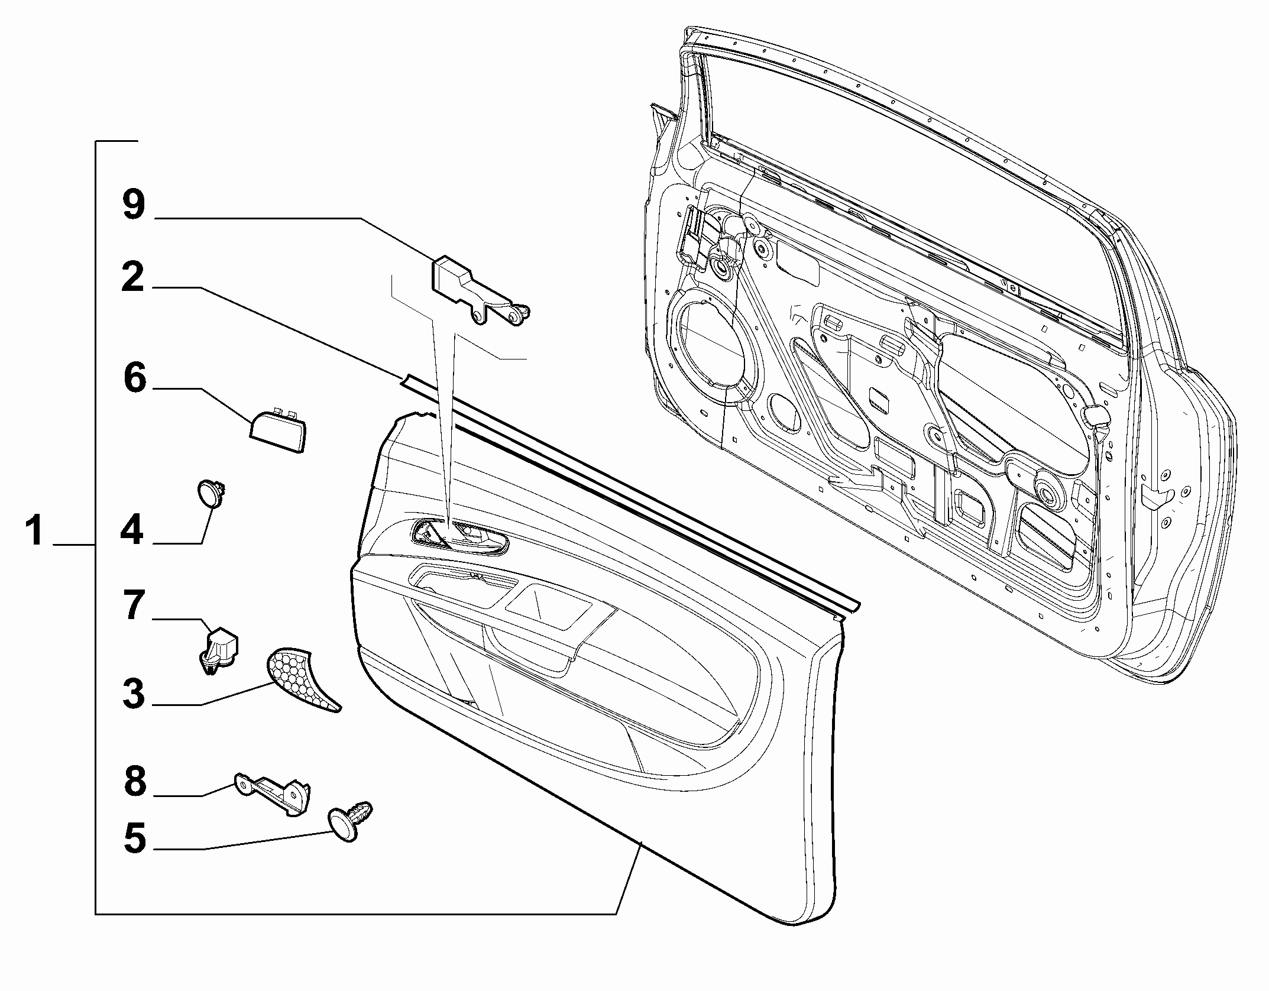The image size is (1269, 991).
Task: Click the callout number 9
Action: point(134,205)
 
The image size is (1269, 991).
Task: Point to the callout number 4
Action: point(132,529)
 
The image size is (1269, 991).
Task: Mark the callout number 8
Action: point(135,781)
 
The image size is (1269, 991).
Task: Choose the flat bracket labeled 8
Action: point(275,792)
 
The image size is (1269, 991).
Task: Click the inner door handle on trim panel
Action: point(459,537)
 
